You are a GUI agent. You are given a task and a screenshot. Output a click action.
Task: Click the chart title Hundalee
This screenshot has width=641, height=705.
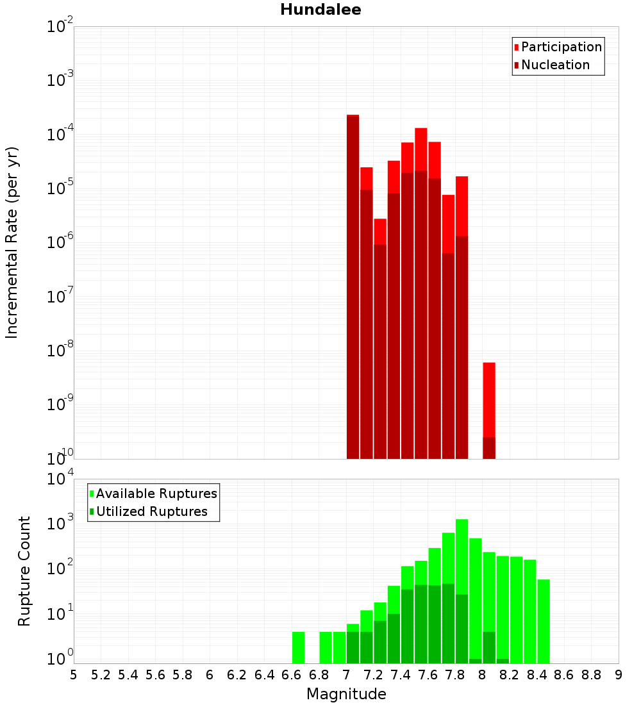320,10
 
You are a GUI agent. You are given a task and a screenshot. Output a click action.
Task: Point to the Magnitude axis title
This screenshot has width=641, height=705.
346,694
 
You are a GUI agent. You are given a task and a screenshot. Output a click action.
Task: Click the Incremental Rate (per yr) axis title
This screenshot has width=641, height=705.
12,242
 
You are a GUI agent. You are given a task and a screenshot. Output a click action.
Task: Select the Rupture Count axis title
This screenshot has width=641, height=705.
24,571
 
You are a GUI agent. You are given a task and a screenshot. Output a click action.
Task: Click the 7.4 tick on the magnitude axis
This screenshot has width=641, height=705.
401,674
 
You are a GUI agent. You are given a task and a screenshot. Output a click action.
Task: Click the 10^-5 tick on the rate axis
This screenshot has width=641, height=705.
61,188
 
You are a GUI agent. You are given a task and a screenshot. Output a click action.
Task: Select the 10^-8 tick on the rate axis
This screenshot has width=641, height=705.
61,351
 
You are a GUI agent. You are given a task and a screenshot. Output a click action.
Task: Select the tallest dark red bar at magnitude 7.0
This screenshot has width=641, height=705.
353,288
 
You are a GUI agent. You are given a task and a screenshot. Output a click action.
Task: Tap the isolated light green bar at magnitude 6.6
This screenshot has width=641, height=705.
298,647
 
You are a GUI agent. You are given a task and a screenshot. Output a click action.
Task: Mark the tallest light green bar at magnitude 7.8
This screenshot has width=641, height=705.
462,558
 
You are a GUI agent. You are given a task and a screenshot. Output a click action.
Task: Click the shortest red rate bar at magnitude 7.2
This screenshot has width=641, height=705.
380,231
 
